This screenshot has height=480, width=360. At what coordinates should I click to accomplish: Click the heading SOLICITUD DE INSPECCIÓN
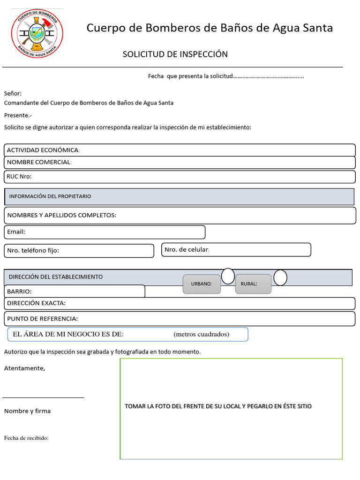[x=175, y=54]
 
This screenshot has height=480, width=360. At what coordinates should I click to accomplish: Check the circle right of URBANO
[x=228, y=277]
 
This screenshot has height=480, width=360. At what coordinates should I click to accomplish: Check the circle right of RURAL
[x=280, y=278]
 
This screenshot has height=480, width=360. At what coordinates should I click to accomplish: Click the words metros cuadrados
[x=201, y=335]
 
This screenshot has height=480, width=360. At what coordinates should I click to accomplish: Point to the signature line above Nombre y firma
[x=44, y=397]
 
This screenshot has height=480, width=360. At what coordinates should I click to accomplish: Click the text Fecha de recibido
[x=26, y=438]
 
